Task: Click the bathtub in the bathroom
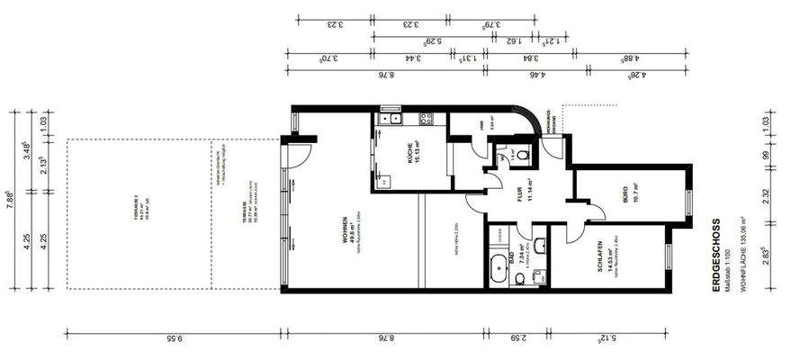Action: click(x=498, y=268)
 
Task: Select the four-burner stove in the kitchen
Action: click(x=426, y=117)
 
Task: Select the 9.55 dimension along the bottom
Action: click(x=174, y=340)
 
